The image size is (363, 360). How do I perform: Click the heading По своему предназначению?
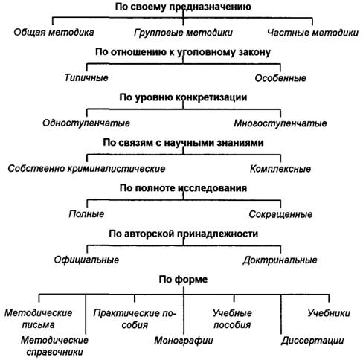pyautogui.click(x=183, y=7)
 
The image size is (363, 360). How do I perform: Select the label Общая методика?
pyautogui.click(x=54, y=32)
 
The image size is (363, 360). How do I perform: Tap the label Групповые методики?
pyautogui.click(x=183, y=33)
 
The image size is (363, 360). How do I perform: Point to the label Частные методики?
pyautogui.click(x=312, y=33)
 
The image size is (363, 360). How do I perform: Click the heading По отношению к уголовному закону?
pyautogui.click(x=183, y=52)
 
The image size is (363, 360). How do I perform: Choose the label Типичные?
pyautogui.click(x=86, y=77)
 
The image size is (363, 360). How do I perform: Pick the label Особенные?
pyautogui.click(x=280, y=78)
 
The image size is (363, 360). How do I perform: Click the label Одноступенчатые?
pyautogui.click(x=86, y=123)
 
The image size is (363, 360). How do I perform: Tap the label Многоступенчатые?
pyautogui.click(x=280, y=123)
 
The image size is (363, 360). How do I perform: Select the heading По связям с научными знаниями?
pyautogui.click(x=183, y=143)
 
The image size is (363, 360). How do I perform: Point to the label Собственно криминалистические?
pyautogui.click(x=86, y=169)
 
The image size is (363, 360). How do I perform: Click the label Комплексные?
pyautogui.click(x=280, y=169)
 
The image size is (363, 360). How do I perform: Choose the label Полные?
pyautogui.click(x=86, y=214)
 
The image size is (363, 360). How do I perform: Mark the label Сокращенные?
pyautogui.click(x=280, y=214)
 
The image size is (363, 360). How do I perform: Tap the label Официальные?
pyautogui.click(x=86, y=260)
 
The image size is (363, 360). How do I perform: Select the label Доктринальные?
pyautogui.click(x=280, y=260)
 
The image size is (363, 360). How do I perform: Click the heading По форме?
pyautogui.click(x=183, y=280)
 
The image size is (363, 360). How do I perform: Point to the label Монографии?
pyautogui.click(x=184, y=341)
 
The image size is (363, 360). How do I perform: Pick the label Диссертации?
pyautogui.click(x=312, y=341)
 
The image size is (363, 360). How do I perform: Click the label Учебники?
pyautogui.click(x=329, y=313)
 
